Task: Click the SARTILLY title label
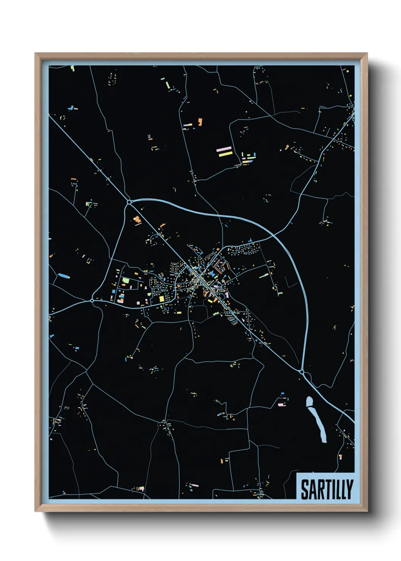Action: [x=327, y=489]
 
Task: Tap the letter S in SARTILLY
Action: [x=304, y=489]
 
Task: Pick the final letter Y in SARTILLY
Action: [x=349, y=489]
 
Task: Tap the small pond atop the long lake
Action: [x=310, y=401]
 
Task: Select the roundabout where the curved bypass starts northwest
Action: [x=129, y=202]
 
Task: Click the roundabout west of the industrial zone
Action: [x=92, y=301]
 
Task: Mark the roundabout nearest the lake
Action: [x=302, y=372]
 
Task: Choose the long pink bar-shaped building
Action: [x=224, y=149]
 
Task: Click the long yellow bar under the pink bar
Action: [x=226, y=154]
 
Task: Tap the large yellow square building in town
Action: [x=161, y=299]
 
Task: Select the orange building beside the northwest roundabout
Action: [x=137, y=219]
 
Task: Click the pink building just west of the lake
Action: [x=280, y=404]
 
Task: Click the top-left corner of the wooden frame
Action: [x=35, y=53]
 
